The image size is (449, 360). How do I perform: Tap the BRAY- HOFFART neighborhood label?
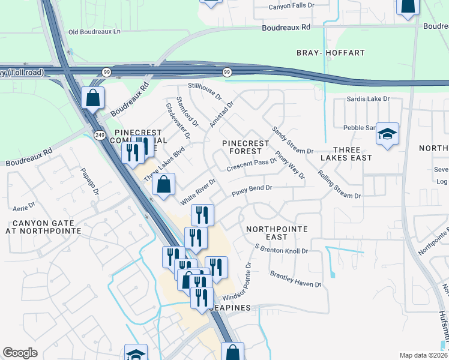[331, 53]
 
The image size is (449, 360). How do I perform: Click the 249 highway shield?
[97, 135]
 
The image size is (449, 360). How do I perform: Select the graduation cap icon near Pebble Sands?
[387, 135]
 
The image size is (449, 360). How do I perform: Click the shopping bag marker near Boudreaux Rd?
[93, 98]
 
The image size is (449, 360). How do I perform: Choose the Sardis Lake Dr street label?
[368, 98]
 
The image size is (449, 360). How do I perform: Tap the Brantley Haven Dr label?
[295, 278]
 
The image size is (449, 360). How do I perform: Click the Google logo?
[20, 353]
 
